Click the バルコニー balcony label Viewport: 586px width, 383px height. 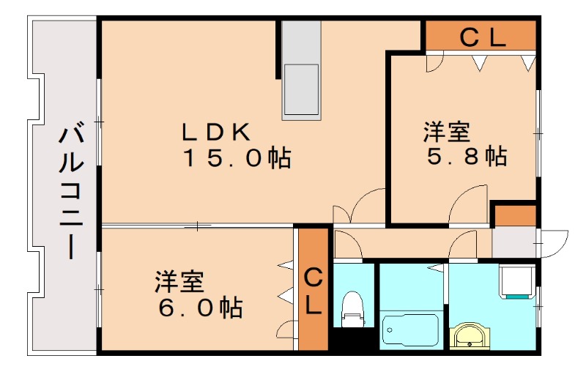pyautogui.click(x=71, y=193)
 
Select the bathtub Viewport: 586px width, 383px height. pyautogui.click(x=410, y=330)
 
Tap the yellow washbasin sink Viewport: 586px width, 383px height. pyautogui.click(x=467, y=336)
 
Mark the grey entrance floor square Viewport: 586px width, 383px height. pyautogui.click(x=513, y=242)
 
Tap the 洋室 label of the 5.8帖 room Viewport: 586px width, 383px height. pyautogui.click(x=446, y=133)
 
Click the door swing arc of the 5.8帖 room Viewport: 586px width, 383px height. pyautogui.click(x=469, y=205)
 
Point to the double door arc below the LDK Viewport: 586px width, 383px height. pyautogui.click(x=359, y=205)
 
